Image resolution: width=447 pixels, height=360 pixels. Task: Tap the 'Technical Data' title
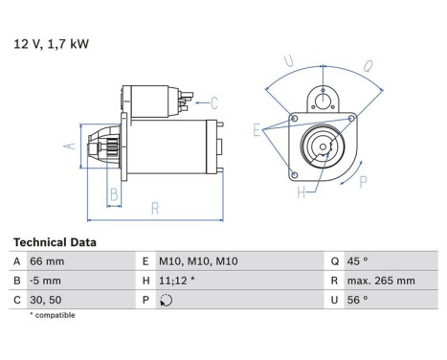[54, 243]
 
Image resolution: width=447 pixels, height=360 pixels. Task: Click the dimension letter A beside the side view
[69, 146]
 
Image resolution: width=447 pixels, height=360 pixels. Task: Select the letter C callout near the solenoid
[214, 101]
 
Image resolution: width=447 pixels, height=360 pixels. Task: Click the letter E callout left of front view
[257, 127]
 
